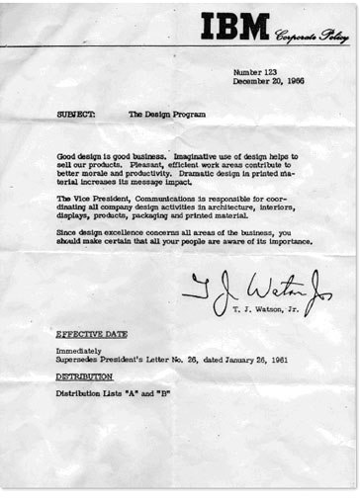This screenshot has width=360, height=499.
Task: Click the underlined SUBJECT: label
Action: tap(76, 114)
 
